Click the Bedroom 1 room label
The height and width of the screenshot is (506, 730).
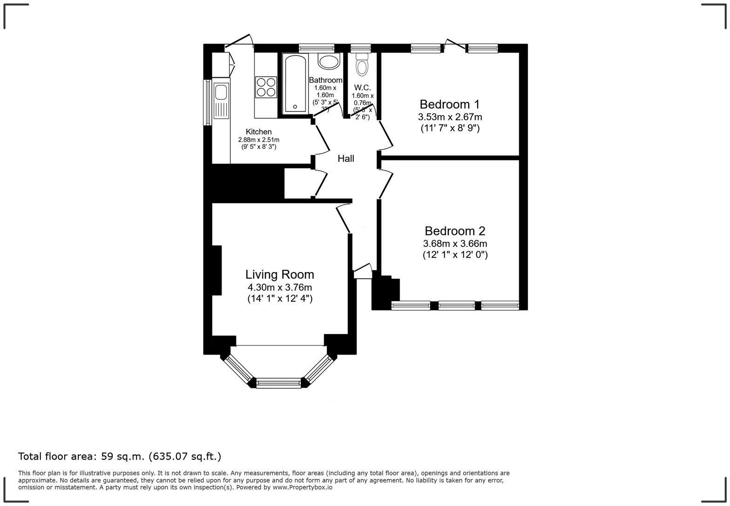coord(449,104)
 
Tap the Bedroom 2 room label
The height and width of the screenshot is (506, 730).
coord(455,231)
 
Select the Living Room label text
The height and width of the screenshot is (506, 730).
coord(280,275)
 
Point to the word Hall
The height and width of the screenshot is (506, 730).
coord(346,159)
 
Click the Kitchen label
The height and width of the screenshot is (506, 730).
coord(258,132)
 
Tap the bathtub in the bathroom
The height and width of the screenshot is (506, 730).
coord(295,84)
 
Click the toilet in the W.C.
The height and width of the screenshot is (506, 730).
coord(362,65)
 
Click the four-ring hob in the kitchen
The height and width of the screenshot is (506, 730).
coord(266,87)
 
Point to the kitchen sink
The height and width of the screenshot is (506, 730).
coord(221,93)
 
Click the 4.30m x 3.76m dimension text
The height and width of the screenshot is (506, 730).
coord(280,287)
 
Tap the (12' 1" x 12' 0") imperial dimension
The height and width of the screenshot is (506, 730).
coord(455,255)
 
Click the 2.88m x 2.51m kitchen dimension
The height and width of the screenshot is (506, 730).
coord(258,140)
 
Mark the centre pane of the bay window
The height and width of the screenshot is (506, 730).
coord(279,384)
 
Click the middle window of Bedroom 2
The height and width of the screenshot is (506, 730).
coord(457,306)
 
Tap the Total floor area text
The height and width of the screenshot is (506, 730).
coord(120,456)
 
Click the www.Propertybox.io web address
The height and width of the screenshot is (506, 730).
coord(302,487)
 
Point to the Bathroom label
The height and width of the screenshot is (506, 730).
coord(325,80)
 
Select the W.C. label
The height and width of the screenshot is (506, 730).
coord(362,87)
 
